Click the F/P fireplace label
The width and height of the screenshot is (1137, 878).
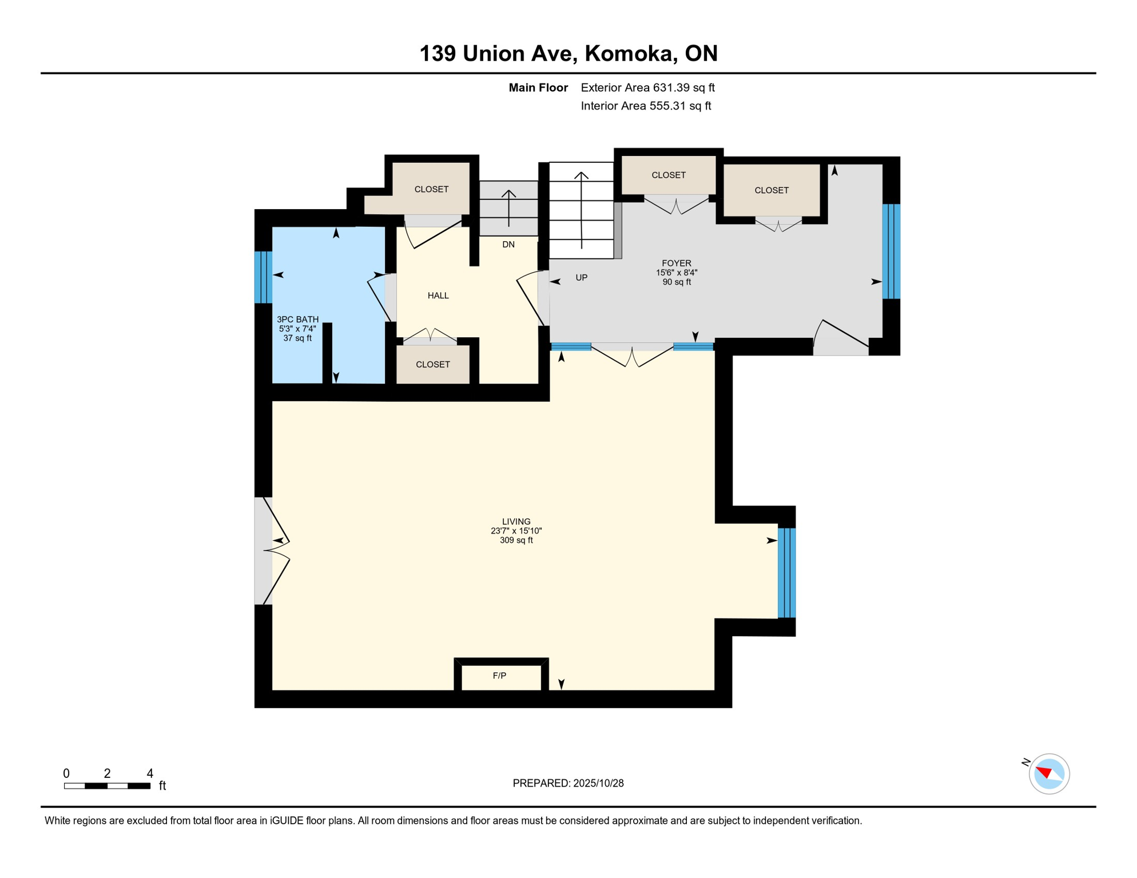click(x=499, y=676)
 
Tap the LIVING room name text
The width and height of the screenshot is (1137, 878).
click(x=516, y=521)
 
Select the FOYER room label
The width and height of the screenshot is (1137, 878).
click(x=677, y=264)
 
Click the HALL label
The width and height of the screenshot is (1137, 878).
click(x=438, y=296)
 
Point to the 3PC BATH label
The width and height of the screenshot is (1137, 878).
click(x=297, y=320)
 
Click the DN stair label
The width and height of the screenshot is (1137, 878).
click(x=508, y=245)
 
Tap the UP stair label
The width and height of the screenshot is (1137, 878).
click(x=581, y=278)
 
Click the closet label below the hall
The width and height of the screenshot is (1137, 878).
click(x=433, y=365)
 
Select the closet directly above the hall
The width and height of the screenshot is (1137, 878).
click(x=431, y=189)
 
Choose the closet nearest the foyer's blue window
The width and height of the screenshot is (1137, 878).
click(x=772, y=190)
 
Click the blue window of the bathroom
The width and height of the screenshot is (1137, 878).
click(x=263, y=277)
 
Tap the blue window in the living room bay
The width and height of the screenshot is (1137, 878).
click(x=786, y=573)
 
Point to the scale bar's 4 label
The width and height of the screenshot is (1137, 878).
click(x=150, y=773)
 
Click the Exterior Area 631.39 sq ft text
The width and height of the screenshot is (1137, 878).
click(x=647, y=87)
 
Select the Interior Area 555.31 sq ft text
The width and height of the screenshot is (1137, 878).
click(x=646, y=106)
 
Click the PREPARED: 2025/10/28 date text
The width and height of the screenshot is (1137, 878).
click(x=568, y=783)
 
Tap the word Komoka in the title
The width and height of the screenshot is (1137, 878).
click(x=628, y=53)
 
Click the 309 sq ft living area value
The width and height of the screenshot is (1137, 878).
click(x=516, y=540)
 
